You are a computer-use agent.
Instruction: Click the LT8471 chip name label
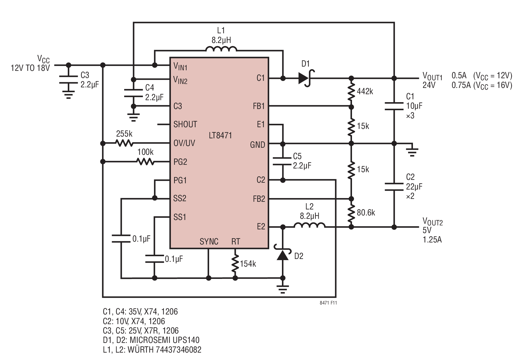[220, 135]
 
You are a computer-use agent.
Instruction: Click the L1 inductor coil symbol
[221, 49]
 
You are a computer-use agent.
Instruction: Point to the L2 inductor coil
[310, 225]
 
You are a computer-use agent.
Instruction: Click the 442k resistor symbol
[351, 91]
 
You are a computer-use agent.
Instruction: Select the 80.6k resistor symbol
[351, 213]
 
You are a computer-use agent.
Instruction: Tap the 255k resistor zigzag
[124, 143]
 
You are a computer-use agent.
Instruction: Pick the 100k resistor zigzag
[146, 162]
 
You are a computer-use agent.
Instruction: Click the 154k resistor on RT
[235, 264]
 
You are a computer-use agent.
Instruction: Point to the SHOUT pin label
[185, 124]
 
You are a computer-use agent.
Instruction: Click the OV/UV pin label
[184, 143]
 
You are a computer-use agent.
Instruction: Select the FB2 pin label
[259, 199]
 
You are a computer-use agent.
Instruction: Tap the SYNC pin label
[209, 242]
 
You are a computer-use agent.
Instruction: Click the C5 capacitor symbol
[283, 161]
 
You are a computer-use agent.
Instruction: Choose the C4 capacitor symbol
[133, 93]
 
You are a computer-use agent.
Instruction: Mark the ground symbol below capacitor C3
[68, 94]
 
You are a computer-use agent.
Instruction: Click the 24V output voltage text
[429, 85]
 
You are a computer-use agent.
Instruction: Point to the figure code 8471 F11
[328, 303]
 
